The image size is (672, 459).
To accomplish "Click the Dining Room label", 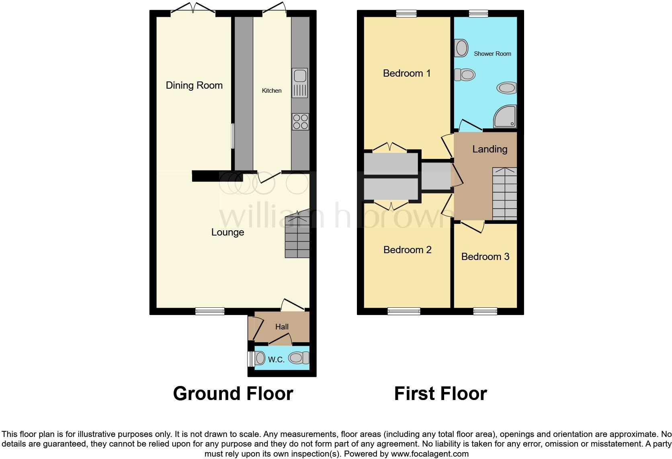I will coord(194,85).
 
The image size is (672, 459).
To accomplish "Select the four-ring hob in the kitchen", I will coord(300,122).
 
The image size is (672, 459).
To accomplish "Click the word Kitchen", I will coord(272,91).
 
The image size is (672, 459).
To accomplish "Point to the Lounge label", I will coord(227,232).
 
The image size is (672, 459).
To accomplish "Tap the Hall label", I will coord(282,327).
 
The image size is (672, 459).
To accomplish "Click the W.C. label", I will coord(276,360).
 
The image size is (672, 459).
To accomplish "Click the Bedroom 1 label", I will coord(406,73).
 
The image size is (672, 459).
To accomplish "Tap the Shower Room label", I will coord(492,54).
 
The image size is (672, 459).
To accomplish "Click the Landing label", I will coord(490,149).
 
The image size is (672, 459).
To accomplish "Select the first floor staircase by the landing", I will coord(504,193).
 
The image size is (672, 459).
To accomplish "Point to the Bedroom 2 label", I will coord(407,250).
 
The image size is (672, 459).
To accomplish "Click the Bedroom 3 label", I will coord(485,257).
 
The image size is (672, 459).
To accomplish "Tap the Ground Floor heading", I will coord(233,394).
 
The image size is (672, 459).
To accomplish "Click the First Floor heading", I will coord(440,394).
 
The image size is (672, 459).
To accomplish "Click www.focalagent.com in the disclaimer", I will coord(430,454).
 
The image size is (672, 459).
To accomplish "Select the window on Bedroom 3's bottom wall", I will coord(485,311).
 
